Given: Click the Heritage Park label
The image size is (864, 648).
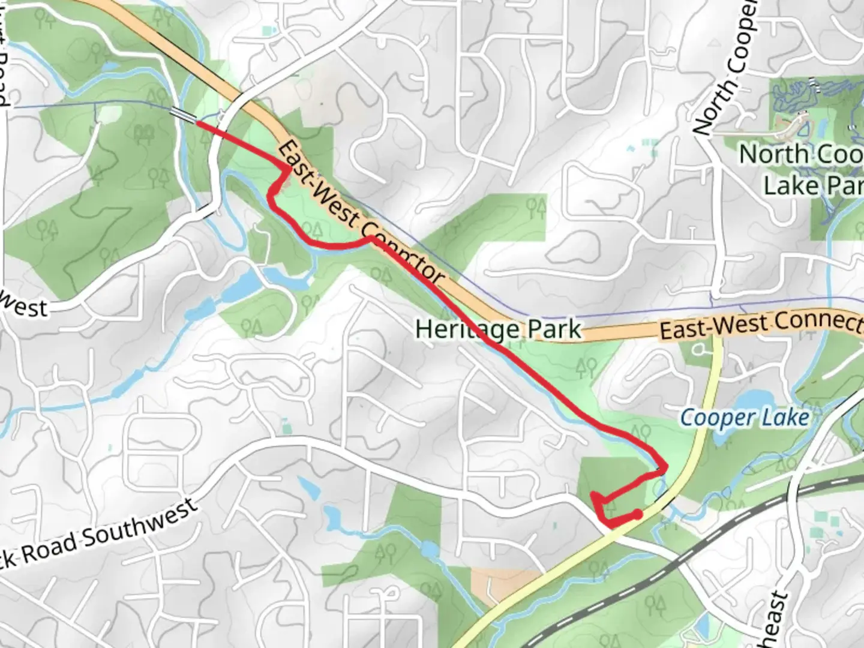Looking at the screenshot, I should point(498,329).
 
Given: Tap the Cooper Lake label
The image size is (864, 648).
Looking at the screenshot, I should point(744,417).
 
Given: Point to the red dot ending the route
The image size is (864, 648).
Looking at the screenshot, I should point(638,514).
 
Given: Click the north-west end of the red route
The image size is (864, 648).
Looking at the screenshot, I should point(197,124).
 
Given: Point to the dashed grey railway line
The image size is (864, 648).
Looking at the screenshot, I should point(690,553).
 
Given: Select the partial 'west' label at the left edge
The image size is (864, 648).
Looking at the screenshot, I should point(24,307).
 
